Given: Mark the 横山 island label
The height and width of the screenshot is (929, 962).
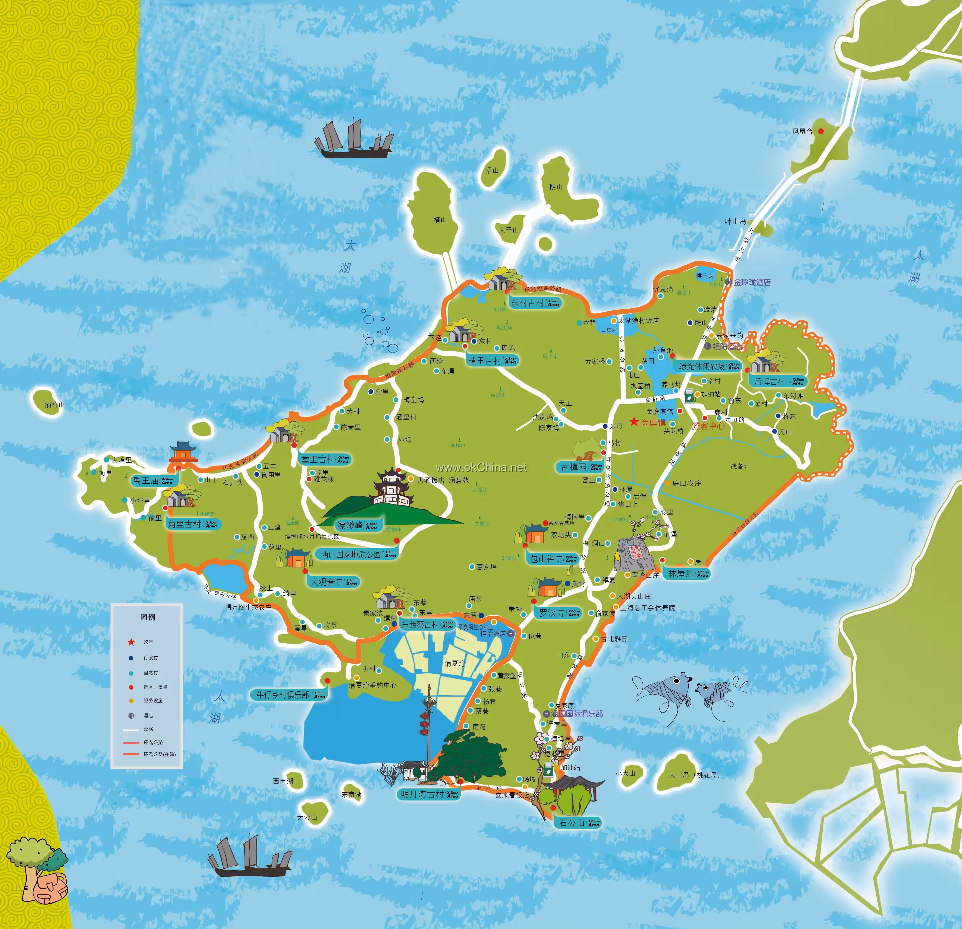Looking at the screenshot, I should point(440,220).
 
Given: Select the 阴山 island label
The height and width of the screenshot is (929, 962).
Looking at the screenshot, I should point(556,187).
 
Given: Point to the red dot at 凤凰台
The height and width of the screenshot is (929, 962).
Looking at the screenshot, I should point(821,131).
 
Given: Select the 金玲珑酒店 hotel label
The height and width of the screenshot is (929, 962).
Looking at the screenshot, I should point(752,282).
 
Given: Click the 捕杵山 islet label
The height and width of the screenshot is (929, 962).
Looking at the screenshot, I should point(55,405).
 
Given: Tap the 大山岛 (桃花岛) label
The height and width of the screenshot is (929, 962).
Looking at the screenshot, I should point(694,775).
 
